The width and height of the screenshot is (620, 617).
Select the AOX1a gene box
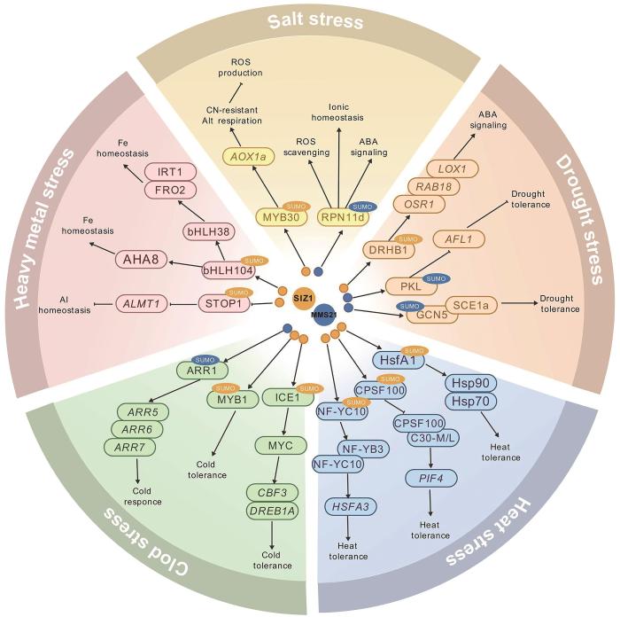click(244, 159)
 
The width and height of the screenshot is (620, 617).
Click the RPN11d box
click(345, 217)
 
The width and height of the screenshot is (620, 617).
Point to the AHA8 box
click(142, 260)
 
